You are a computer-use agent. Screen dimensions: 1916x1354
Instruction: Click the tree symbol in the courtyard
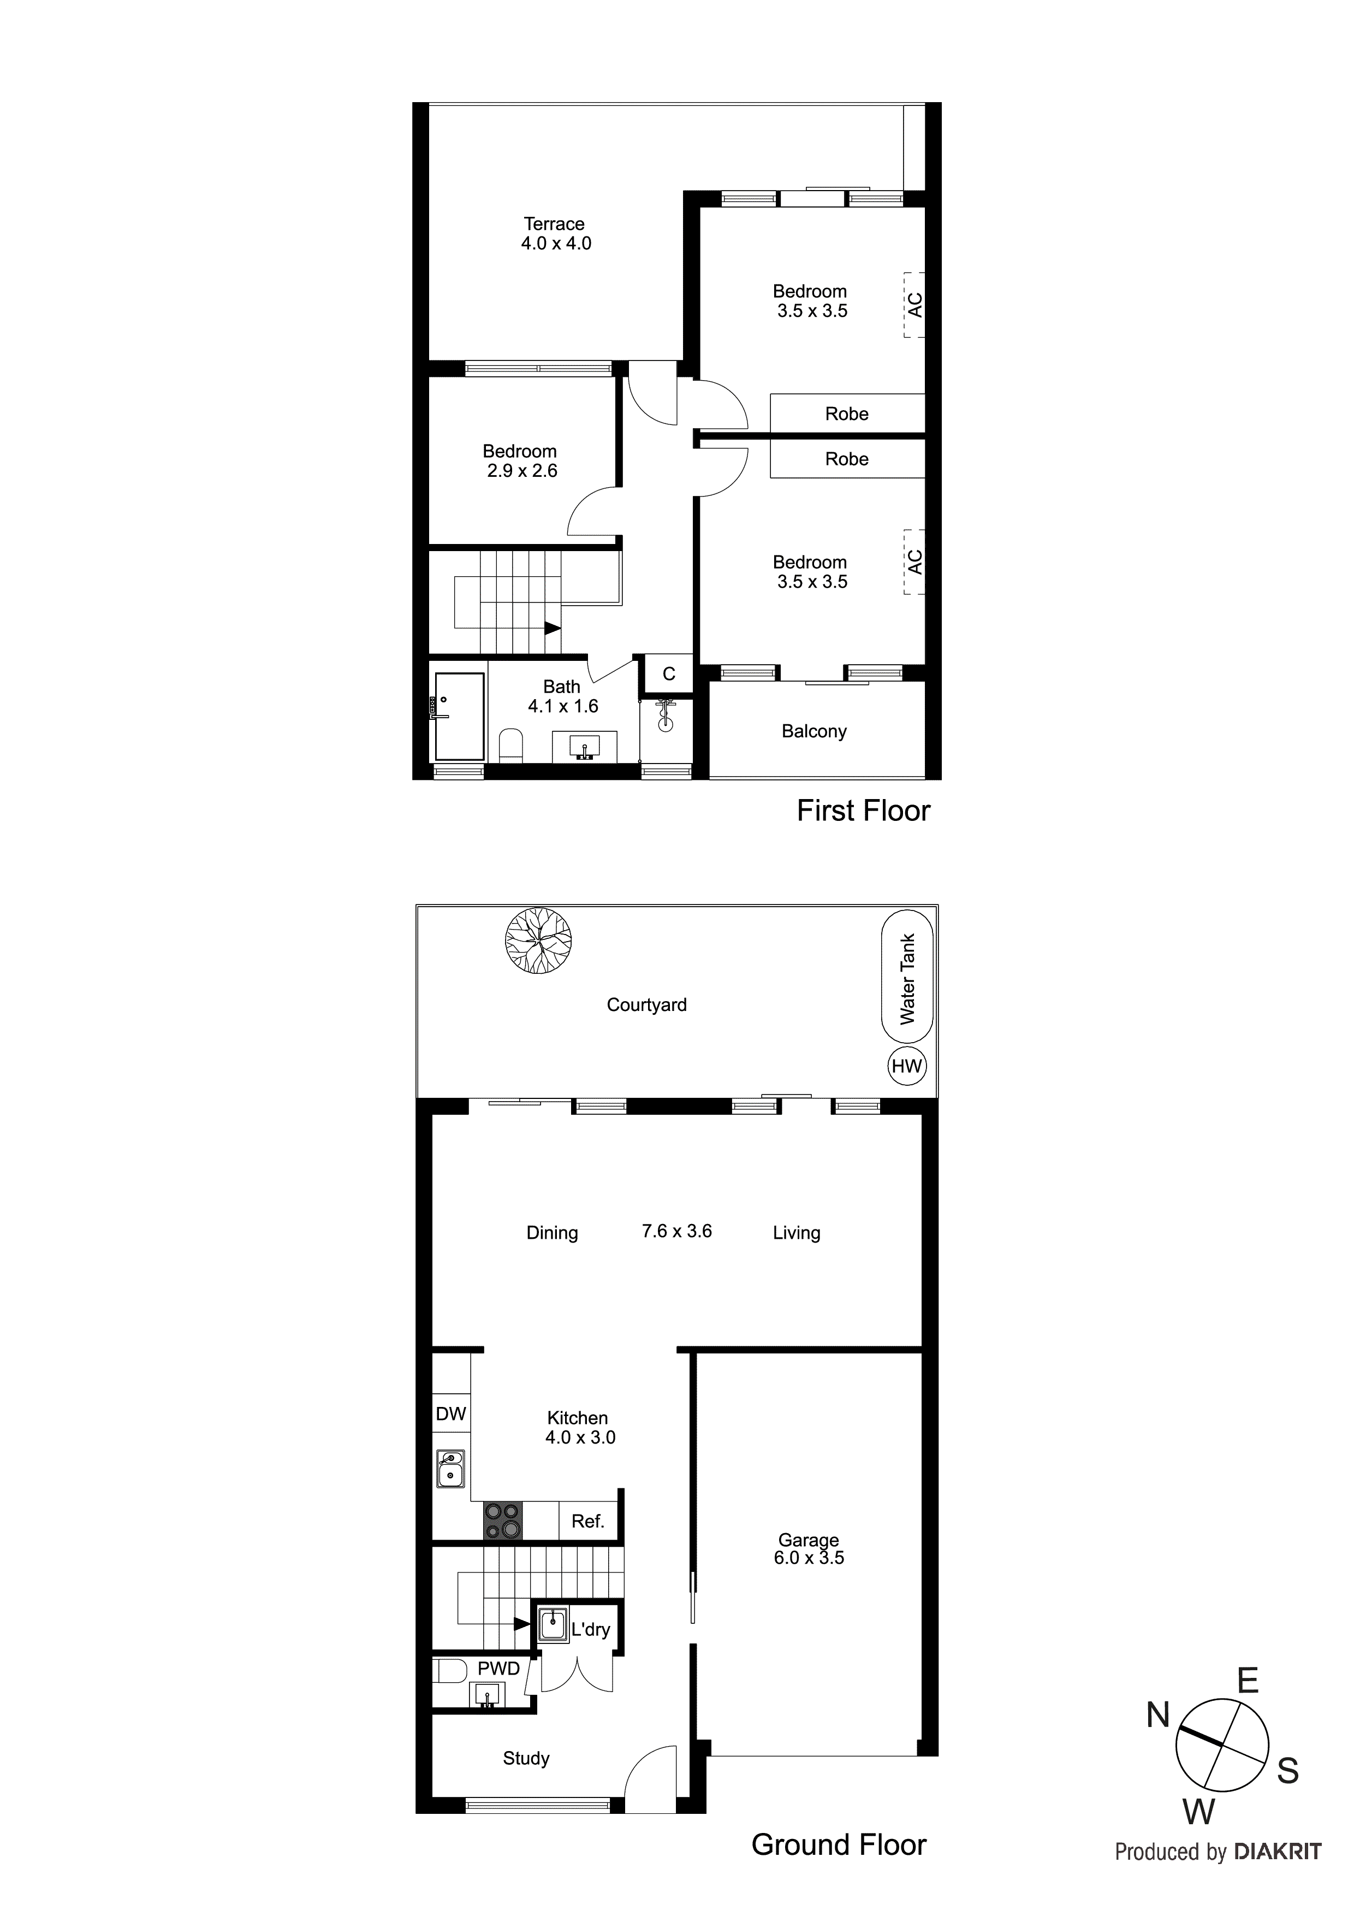tap(538, 941)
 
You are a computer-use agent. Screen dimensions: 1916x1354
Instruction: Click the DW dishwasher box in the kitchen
tap(450, 1414)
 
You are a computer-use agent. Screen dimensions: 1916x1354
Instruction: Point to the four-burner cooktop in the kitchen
tap(503, 1521)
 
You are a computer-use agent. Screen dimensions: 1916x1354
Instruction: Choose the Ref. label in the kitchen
tap(587, 1521)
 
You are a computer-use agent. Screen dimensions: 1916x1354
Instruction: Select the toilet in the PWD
tap(450, 1671)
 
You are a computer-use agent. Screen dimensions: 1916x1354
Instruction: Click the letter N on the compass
tap(1158, 1716)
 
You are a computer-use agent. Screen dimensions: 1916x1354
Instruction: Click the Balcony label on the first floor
tap(813, 731)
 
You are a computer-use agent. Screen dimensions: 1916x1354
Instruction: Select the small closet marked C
tap(668, 673)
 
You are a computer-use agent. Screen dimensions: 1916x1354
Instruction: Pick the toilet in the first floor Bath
tap(510, 745)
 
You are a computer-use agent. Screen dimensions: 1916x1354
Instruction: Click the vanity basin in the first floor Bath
tap(585, 745)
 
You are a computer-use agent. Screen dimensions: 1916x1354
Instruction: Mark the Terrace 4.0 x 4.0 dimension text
tap(556, 243)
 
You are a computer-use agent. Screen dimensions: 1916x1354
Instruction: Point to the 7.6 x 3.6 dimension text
tap(676, 1231)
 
